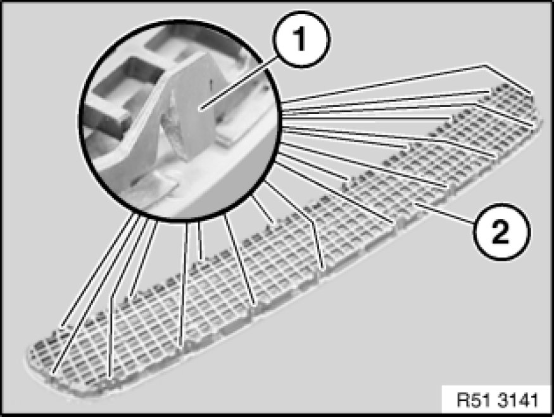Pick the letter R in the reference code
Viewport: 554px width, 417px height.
click(x=462, y=401)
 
